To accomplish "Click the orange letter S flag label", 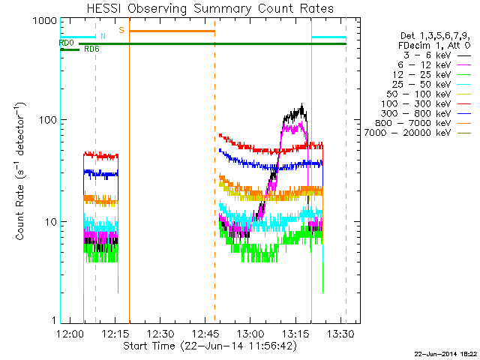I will [121, 30].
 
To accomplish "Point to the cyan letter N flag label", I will [103, 36].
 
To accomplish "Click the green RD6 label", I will [91, 49].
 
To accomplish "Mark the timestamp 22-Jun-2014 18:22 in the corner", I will [445, 352].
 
